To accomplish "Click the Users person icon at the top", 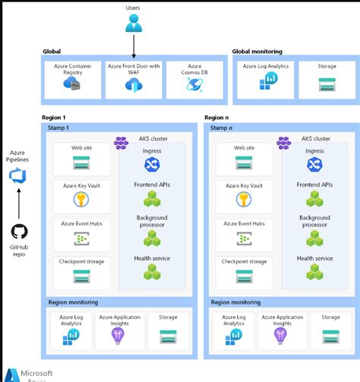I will coord(133,24).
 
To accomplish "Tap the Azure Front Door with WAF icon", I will coord(134,85).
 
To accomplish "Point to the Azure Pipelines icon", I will coord(17,176).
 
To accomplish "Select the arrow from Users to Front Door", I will coord(134,46).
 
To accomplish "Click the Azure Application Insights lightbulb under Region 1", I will coord(117,335).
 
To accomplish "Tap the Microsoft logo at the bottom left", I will coord(11,375).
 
